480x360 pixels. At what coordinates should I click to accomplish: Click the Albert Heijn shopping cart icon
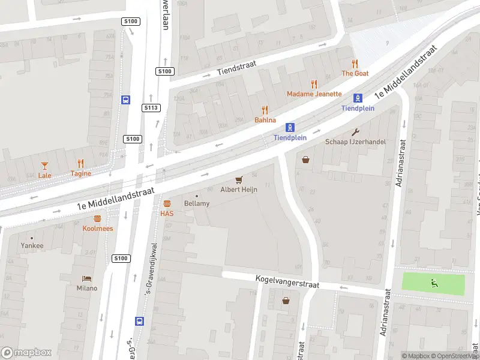click(239, 179)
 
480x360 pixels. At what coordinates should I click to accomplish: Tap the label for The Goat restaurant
click(355, 73)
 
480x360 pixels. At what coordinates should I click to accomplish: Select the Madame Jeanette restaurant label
click(314, 94)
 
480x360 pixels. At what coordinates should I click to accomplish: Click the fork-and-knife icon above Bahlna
click(265, 110)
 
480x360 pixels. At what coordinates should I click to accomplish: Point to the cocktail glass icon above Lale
click(44, 165)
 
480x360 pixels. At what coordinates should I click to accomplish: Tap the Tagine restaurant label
click(81, 174)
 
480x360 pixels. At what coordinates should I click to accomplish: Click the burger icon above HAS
click(167, 203)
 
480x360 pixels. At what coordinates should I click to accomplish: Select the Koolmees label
click(98, 229)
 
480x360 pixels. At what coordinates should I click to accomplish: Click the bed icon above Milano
click(86, 279)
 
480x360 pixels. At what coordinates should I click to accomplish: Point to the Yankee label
click(32, 245)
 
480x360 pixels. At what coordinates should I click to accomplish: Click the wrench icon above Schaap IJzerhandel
click(355, 132)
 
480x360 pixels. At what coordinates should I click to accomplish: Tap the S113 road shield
click(151, 108)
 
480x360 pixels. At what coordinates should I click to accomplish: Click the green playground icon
click(433, 283)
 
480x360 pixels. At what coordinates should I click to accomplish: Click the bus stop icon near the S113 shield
click(126, 100)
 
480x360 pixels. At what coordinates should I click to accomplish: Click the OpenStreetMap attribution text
click(454, 356)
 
